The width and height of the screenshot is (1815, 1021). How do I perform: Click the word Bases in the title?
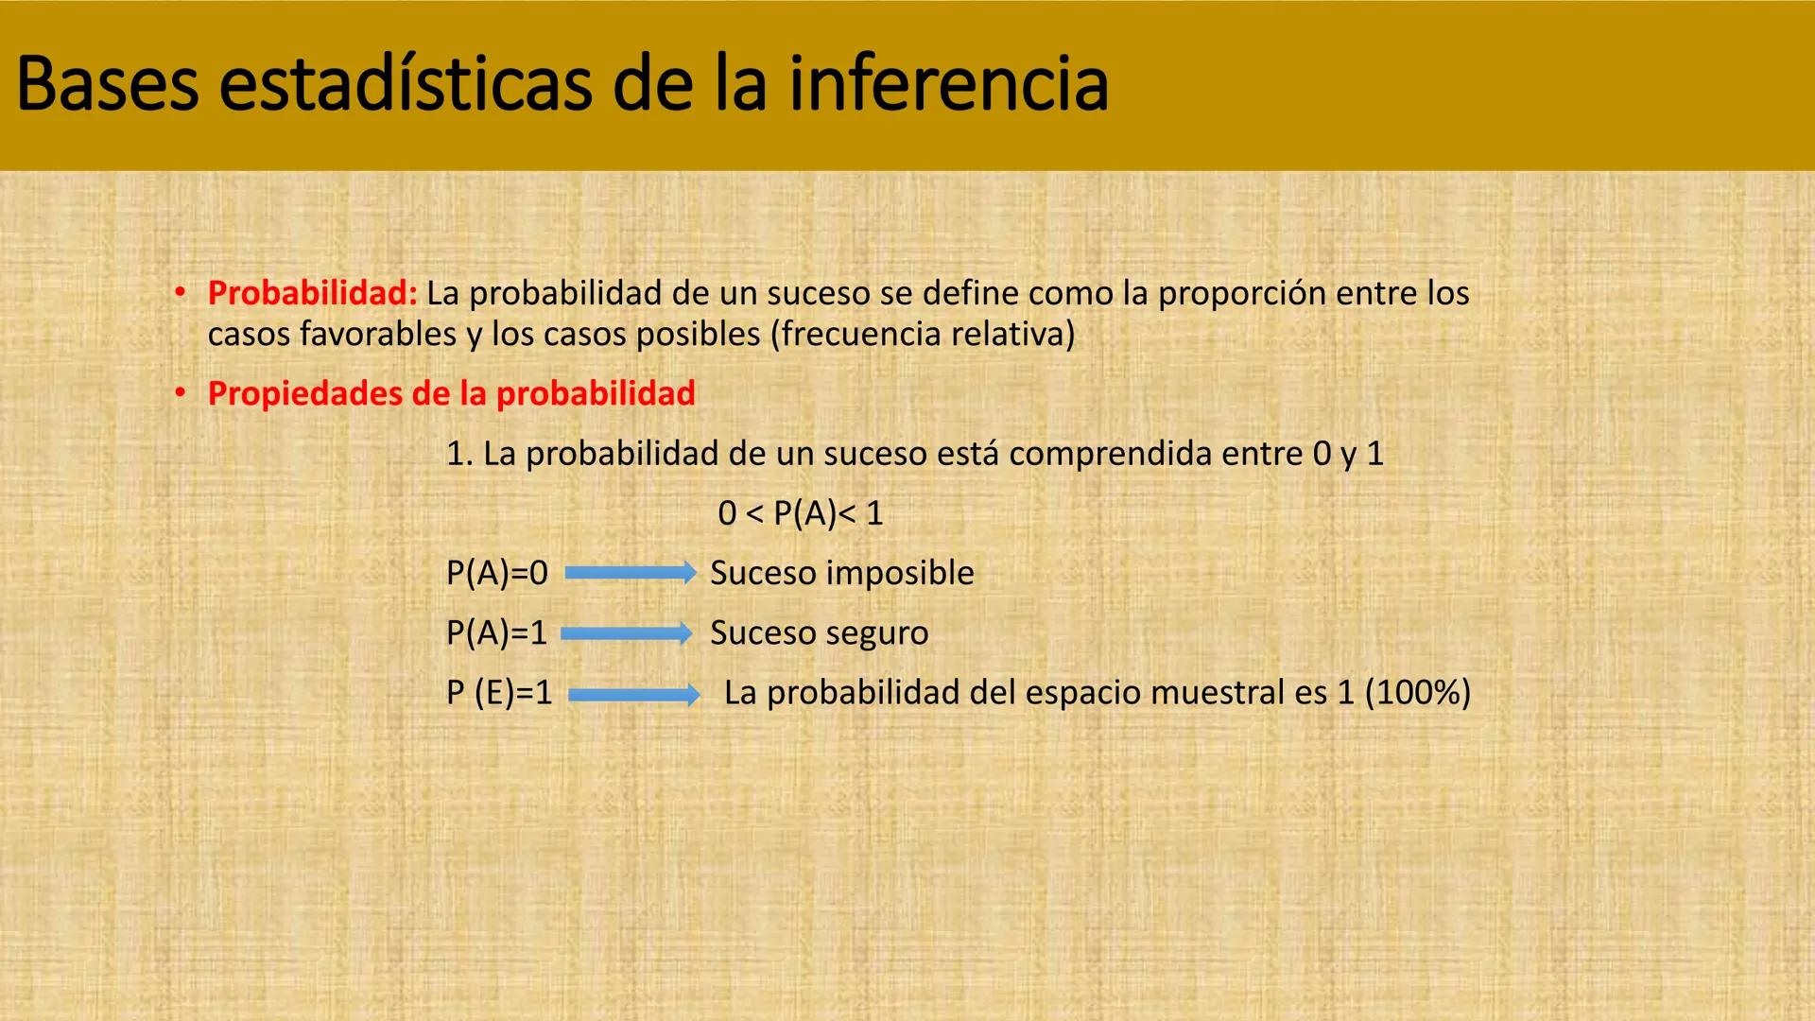(x=107, y=85)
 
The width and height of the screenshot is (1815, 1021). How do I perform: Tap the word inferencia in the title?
(x=947, y=85)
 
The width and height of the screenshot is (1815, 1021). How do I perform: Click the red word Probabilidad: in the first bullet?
(x=312, y=293)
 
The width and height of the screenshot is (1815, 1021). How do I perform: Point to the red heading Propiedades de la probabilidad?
(x=451, y=393)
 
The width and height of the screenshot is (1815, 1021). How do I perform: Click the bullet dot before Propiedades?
(x=180, y=393)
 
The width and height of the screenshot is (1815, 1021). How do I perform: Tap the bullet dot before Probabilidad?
(x=180, y=293)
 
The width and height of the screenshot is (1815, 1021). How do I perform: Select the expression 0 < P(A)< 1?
(x=800, y=513)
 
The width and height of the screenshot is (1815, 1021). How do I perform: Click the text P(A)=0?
(x=496, y=573)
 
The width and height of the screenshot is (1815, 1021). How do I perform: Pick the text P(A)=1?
(x=496, y=632)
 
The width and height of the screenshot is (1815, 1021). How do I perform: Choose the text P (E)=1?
(x=499, y=693)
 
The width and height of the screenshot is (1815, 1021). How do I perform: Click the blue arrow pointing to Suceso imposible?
(x=630, y=573)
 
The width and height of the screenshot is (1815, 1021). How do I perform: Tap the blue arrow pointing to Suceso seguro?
(x=627, y=633)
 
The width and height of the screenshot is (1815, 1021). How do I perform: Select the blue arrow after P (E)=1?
(x=633, y=695)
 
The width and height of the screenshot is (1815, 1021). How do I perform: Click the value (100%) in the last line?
(x=1418, y=693)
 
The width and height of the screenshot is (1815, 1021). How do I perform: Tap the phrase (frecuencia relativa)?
(x=923, y=334)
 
